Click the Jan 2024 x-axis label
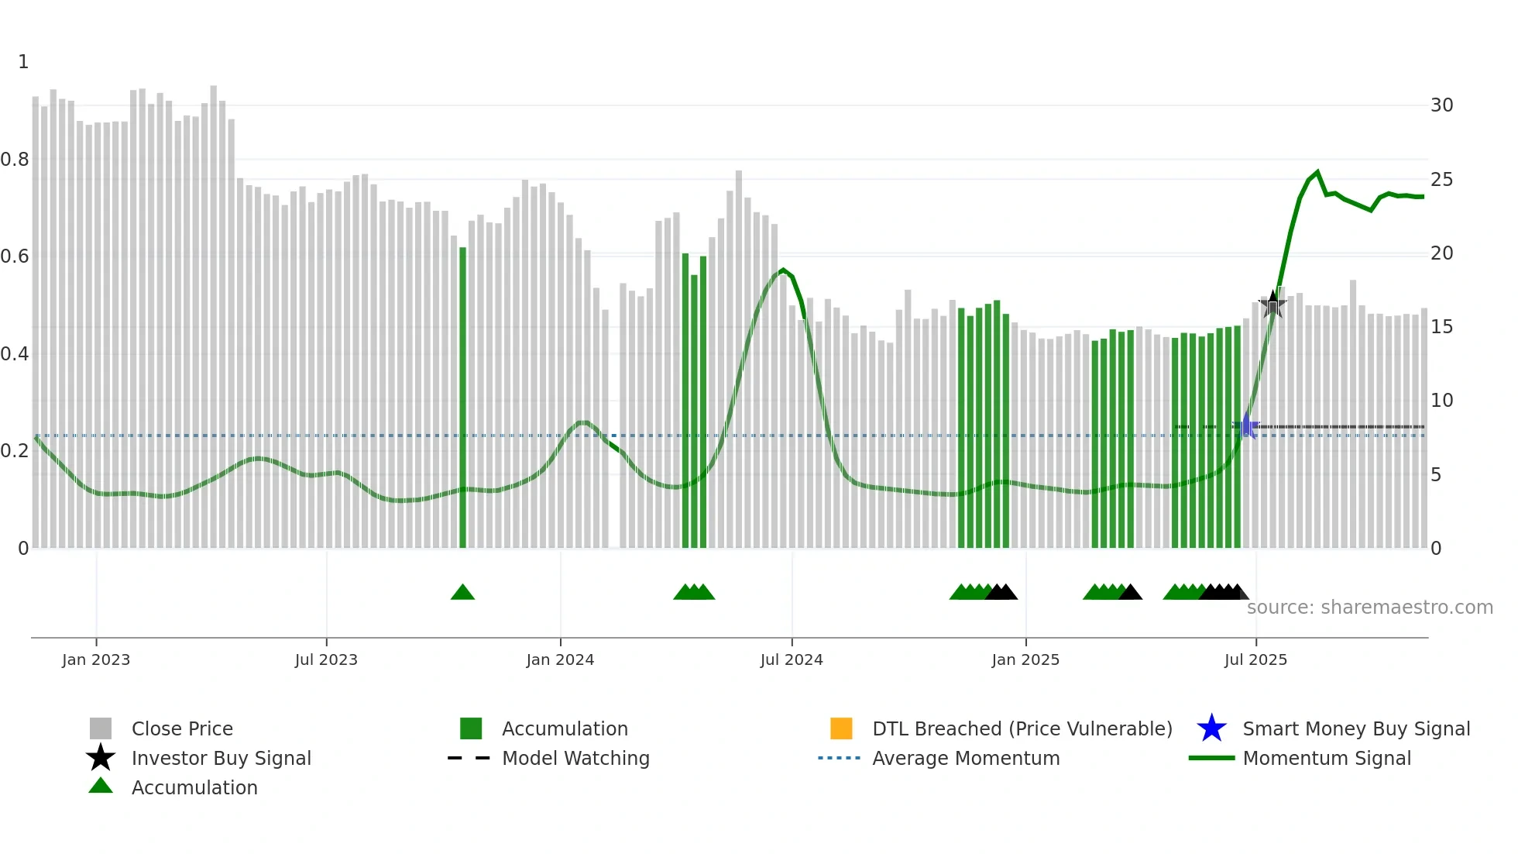click(560, 659)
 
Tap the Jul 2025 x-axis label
click(1255, 659)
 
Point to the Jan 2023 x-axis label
click(96, 659)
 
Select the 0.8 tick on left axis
click(15, 160)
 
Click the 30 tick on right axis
click(1441, 105)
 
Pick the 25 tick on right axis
click(1441, 180)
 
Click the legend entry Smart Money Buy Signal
click(1355, 728)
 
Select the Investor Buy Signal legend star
click(101, 758)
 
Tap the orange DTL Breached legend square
click(841, 728)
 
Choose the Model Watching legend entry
click(575, 758)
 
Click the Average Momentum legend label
click(966, 758)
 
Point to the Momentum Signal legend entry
click(1326, 758)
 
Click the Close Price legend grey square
click(101, 728)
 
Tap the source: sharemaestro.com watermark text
click(1369, 608)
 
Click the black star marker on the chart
click(1272, 305)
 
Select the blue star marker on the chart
click(1247, 426)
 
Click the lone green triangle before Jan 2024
click(462, 593)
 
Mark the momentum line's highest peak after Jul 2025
click(1317, 172)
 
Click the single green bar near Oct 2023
click(463, 398)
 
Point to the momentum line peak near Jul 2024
click(783, 270)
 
